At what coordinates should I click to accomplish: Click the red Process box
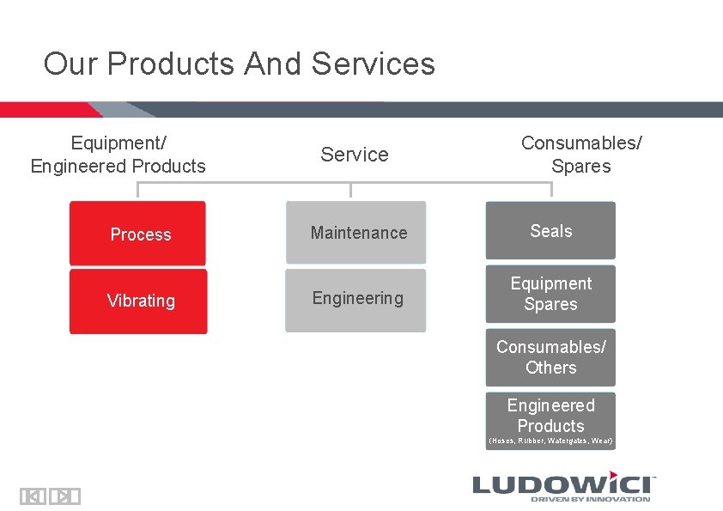pyautogui.click(x=137, y=234)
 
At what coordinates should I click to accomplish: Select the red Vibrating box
pyautogui.click(x=138, y=301)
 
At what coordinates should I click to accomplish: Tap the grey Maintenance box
pyautogui.click(x=355, y=233)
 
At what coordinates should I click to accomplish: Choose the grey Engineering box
pyautogui.click(x=355, y=299)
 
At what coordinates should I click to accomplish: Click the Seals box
pyautogui.click(x=550, y=231)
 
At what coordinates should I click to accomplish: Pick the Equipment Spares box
pyautogui.click(x=550, y=294)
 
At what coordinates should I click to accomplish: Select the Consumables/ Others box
pyautogui.click(x=550, y=357)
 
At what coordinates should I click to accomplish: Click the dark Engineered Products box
pyautogui.click(x=550, y=416)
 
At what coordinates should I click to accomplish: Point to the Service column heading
pyautogui.click(x=355, y=155)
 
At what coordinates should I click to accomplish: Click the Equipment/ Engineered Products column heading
pyautogui.click(x=118, y=155)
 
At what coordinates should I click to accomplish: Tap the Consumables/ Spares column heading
pyautogui.click(x=581, y=155)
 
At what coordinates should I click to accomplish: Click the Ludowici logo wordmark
pyautogui.click(x=562, y=483)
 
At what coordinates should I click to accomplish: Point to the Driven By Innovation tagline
pyautogui.click(x=590, y=499)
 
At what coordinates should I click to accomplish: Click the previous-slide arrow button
pyautogui.click(x=33, y=496)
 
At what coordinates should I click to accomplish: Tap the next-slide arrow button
pyautogui.click(x=64, y=496)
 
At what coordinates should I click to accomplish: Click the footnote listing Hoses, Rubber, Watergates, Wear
pyautogui.click(x=550, y=441)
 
